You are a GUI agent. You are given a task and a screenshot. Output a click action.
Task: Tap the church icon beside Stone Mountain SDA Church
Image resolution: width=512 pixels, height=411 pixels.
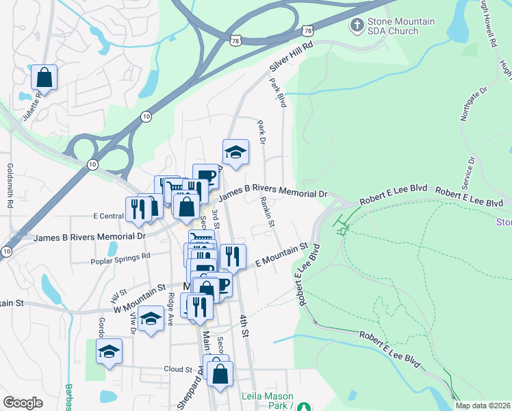(356, 26)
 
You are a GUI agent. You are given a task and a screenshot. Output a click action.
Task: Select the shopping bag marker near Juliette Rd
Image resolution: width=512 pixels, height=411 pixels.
(44, 77)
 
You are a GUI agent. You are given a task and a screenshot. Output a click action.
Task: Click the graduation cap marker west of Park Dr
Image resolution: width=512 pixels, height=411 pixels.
(235, 153)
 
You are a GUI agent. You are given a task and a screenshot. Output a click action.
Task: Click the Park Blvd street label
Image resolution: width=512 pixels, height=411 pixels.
(277, 92)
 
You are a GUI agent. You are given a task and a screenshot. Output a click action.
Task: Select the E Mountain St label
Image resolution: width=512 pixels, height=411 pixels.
(281, 254)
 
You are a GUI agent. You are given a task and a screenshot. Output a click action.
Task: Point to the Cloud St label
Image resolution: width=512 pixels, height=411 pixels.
(178, 369)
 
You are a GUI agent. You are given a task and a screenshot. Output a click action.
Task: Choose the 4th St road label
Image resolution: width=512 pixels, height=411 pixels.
(244, 325)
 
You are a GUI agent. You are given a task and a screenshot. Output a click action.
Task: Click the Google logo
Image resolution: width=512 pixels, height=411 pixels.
(23, 403)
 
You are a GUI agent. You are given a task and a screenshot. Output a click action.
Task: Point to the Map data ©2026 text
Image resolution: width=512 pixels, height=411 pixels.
(483, 406)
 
